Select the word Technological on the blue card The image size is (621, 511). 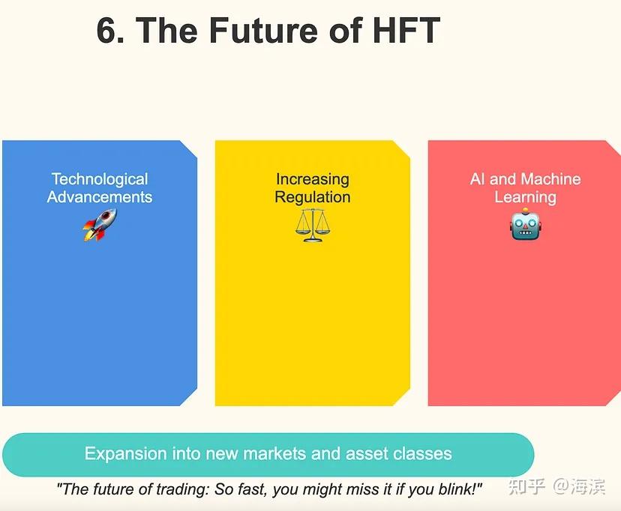(x=100, y=179)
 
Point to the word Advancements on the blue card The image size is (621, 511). (x=100, y=197)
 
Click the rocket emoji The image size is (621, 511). (x=100, y=224)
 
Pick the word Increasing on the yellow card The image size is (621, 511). (x=312, y=179)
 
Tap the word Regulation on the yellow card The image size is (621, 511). (x=312, y=197)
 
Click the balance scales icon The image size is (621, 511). (x=312, y=224)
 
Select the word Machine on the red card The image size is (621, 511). (x=551, y=179)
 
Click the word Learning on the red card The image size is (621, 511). (x=525, y=197)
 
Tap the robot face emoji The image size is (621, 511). (x=525, y=224)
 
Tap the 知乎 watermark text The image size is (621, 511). (x=526, y=487)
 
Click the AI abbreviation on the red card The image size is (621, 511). (x=478, y=179)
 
